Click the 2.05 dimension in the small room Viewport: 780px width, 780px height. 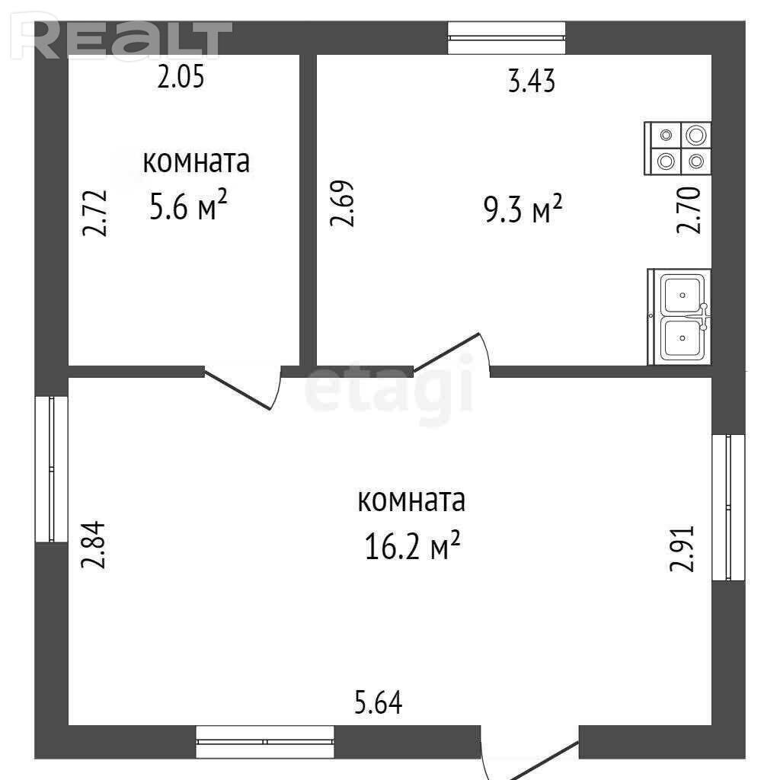coord(181,78)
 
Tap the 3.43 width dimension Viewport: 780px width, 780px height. coord(531,81)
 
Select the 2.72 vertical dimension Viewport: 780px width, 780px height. coord(94,213)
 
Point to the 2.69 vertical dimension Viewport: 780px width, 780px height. coord(342,203)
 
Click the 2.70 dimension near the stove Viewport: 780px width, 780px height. coord(689,210)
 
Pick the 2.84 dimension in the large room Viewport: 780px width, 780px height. coord(93,545)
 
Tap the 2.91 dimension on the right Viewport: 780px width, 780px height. coord(682,548)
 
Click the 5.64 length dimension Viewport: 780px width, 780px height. coord(378,702)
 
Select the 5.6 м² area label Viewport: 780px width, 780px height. coord(189,204)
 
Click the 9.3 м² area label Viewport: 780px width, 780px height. coord(523,209)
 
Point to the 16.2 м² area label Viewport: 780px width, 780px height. coord(412,545)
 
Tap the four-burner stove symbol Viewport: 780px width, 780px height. coord(677,149)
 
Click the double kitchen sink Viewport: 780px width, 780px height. coord(679,317)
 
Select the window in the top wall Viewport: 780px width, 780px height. coord(507,38)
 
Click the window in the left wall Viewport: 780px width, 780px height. coord(51,469)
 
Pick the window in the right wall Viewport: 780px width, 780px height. coord(728,507)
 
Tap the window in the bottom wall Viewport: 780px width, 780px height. coord(265,742)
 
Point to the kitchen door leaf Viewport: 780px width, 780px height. coord(446,352)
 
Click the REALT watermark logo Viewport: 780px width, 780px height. coord(121,38)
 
